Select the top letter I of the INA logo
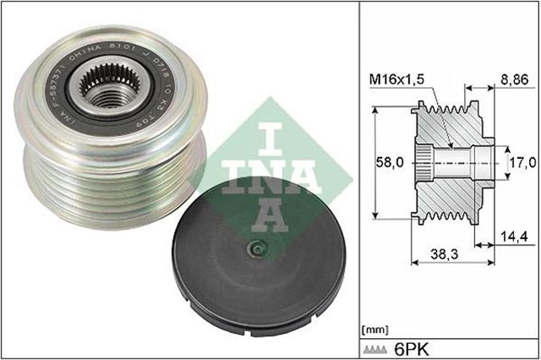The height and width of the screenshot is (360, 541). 268,123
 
